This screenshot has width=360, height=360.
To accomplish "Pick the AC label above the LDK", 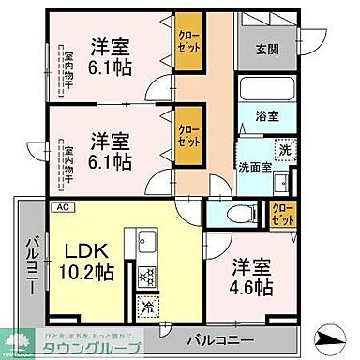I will pos(64,207).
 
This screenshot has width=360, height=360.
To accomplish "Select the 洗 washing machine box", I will pos(281,148).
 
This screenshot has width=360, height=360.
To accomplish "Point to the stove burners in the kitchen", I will pos(147,276).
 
